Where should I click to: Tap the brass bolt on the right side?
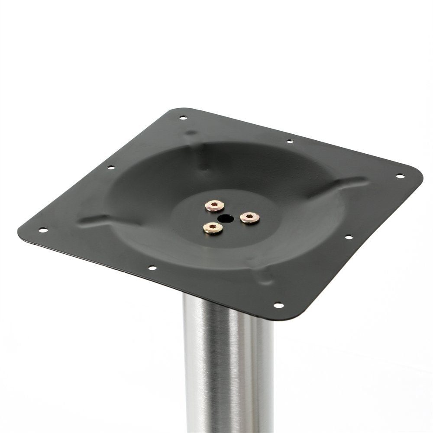pyautogui.click(x=250, y=217)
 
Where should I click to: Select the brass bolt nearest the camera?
pyautogui.click(x=213, y=228)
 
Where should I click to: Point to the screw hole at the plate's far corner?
pyautogui.click(x=183, y=117)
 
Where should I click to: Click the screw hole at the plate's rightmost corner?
pyautogui.click(x=400, y=176)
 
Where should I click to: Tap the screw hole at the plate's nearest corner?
pyautogui.click(x=278, y=305)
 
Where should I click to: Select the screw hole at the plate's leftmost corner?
pyautogui.click(x=42, y=229)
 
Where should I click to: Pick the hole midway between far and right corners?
pyautogui.click(x=290, y=141)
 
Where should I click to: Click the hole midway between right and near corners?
pyautogui.click(x=348, y=237)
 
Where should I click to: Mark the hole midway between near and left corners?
pyautogui.click(x=152, y=268)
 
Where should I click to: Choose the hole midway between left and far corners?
pyautogui.click(x=110, y=167)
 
